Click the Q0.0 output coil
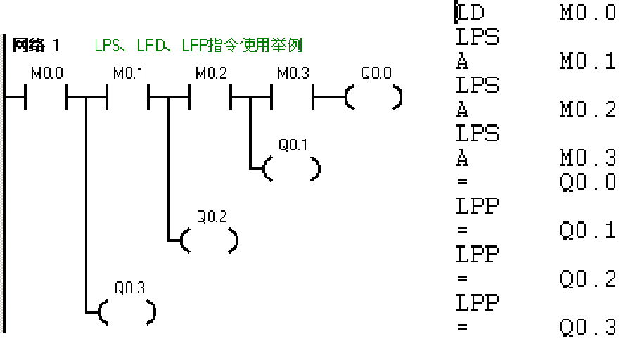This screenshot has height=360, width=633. tap(374, 98)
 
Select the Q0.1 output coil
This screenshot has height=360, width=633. tap(292, 169)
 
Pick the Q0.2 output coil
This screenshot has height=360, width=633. tap(210, 240)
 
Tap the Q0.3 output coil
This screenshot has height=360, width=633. tap(127, 311)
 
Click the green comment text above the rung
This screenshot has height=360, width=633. tap(198, 46)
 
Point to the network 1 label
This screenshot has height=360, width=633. tap(37, 46)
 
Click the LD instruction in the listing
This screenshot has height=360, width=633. tap(470, 13)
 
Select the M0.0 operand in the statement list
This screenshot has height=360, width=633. tap(588, 13)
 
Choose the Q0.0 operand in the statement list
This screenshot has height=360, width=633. tap(588, 182)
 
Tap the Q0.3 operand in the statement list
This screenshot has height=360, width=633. tap(588, 327)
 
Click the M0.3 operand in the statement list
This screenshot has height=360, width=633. tap(588, 157)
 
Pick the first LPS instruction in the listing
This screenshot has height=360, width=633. tap(477, 37)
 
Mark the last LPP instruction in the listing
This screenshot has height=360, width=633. tap(477, 303)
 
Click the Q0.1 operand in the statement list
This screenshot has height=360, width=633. tap(588, 231)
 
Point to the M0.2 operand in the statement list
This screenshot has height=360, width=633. tap(588, 110)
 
